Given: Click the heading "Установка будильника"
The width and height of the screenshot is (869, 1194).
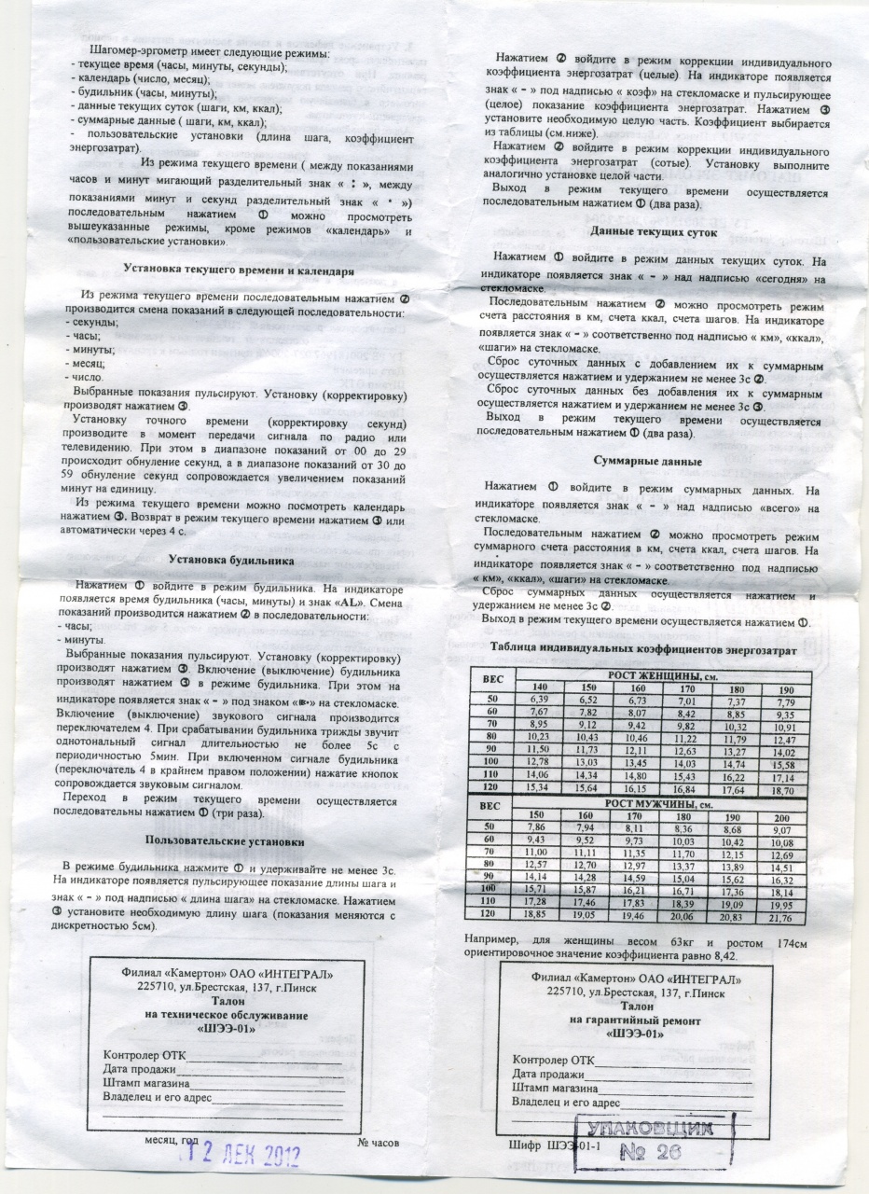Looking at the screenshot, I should pyautogui.click(x=231, y=561).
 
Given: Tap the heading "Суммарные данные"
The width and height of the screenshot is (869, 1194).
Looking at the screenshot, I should pyautogui.click(x=649, y=461).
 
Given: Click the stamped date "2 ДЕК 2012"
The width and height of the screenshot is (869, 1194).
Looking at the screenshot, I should pyautogui.click(x=248, y=1155).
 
